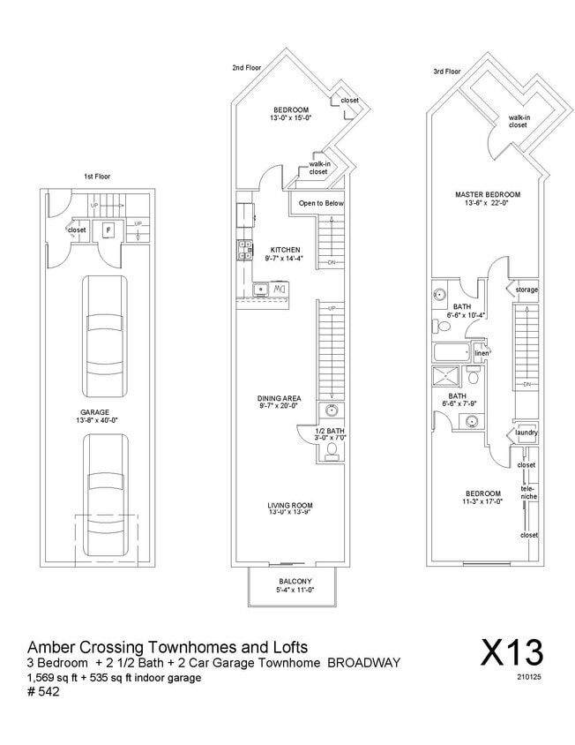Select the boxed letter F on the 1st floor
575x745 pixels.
point(108,230)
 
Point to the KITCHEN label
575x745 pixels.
point(285,250)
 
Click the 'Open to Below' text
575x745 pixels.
point(321,203)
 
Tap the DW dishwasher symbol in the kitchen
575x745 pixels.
point(279,289)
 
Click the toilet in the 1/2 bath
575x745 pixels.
point(332,452)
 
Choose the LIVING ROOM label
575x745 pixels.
point(290,506)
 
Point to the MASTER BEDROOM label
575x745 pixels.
point(487,194)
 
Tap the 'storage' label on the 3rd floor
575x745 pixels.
point(526,290)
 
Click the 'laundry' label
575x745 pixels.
point(526,433)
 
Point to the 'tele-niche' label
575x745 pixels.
point(527,493)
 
